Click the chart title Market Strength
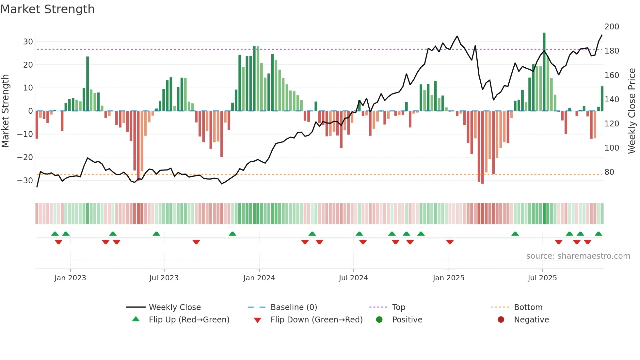click(47, 9)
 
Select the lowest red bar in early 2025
click(482, 147)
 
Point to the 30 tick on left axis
click(28, 42)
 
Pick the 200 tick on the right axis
click(612, 27)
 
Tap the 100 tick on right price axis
click(612, 148)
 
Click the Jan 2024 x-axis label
click(259, 278)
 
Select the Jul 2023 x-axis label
click(164, 278)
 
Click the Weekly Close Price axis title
click(632, 111)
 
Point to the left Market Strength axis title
click(6, 111)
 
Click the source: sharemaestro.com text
click(578, 256)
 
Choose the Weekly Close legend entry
click(174, 307)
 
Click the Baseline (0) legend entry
click(294, 307)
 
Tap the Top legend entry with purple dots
click(398, 307)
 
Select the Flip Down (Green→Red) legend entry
click(316, 320)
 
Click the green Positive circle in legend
click(379, 319)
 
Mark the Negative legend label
click(531, 320)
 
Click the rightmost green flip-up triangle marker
click(598, 234)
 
